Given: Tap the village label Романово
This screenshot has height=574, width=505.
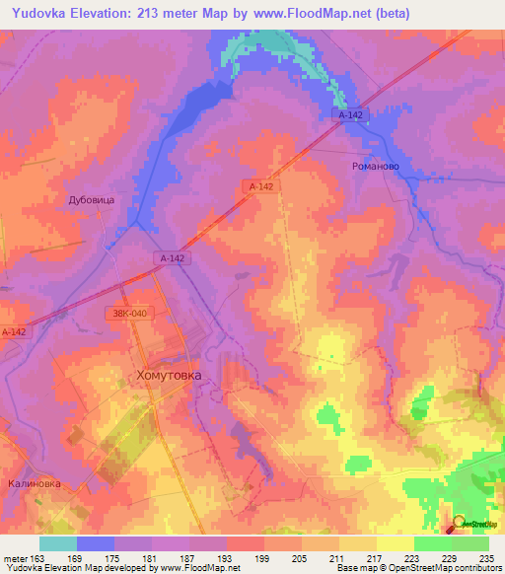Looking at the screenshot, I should pyautogui.click(x=375, y=167).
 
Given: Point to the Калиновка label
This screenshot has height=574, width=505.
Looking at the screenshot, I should pyautogui.click(x=35, y=483).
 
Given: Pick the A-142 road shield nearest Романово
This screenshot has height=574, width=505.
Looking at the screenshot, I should pyautogui.click(x=349, y=115).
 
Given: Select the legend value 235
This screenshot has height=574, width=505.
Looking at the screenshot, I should pyautogui.click(x=483, y=557).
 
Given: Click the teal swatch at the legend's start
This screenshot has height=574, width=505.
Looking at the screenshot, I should pyautogui.click(x=58, y=543).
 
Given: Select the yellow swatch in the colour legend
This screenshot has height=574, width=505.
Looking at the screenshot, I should pyautogui.click(x=396, y=543).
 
